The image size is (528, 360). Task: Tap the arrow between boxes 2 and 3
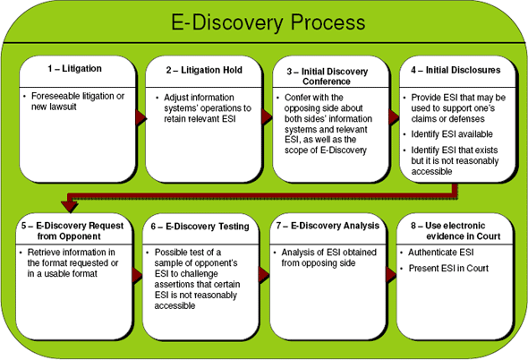point(266,117)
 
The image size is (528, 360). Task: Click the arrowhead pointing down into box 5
point(64,204)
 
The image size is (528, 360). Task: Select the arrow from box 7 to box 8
point(390,275)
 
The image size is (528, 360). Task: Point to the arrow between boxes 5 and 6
point(141,275)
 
